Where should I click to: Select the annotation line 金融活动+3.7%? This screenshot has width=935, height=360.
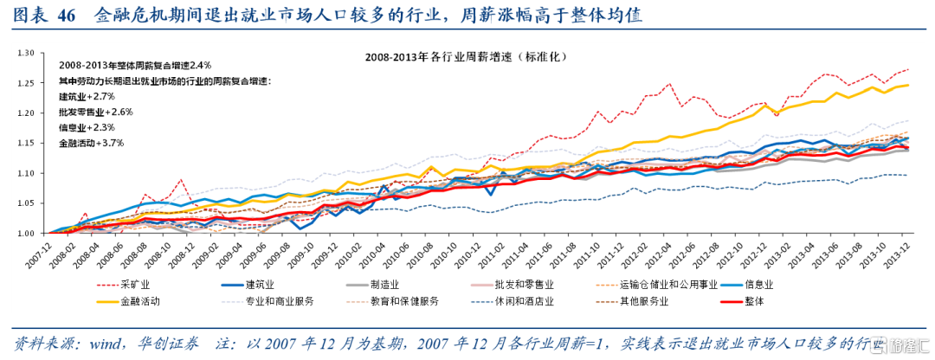coord(92,142)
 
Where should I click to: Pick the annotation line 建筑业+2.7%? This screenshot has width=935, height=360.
coord(87,95)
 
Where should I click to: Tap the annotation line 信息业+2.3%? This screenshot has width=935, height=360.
coord(87,126)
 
